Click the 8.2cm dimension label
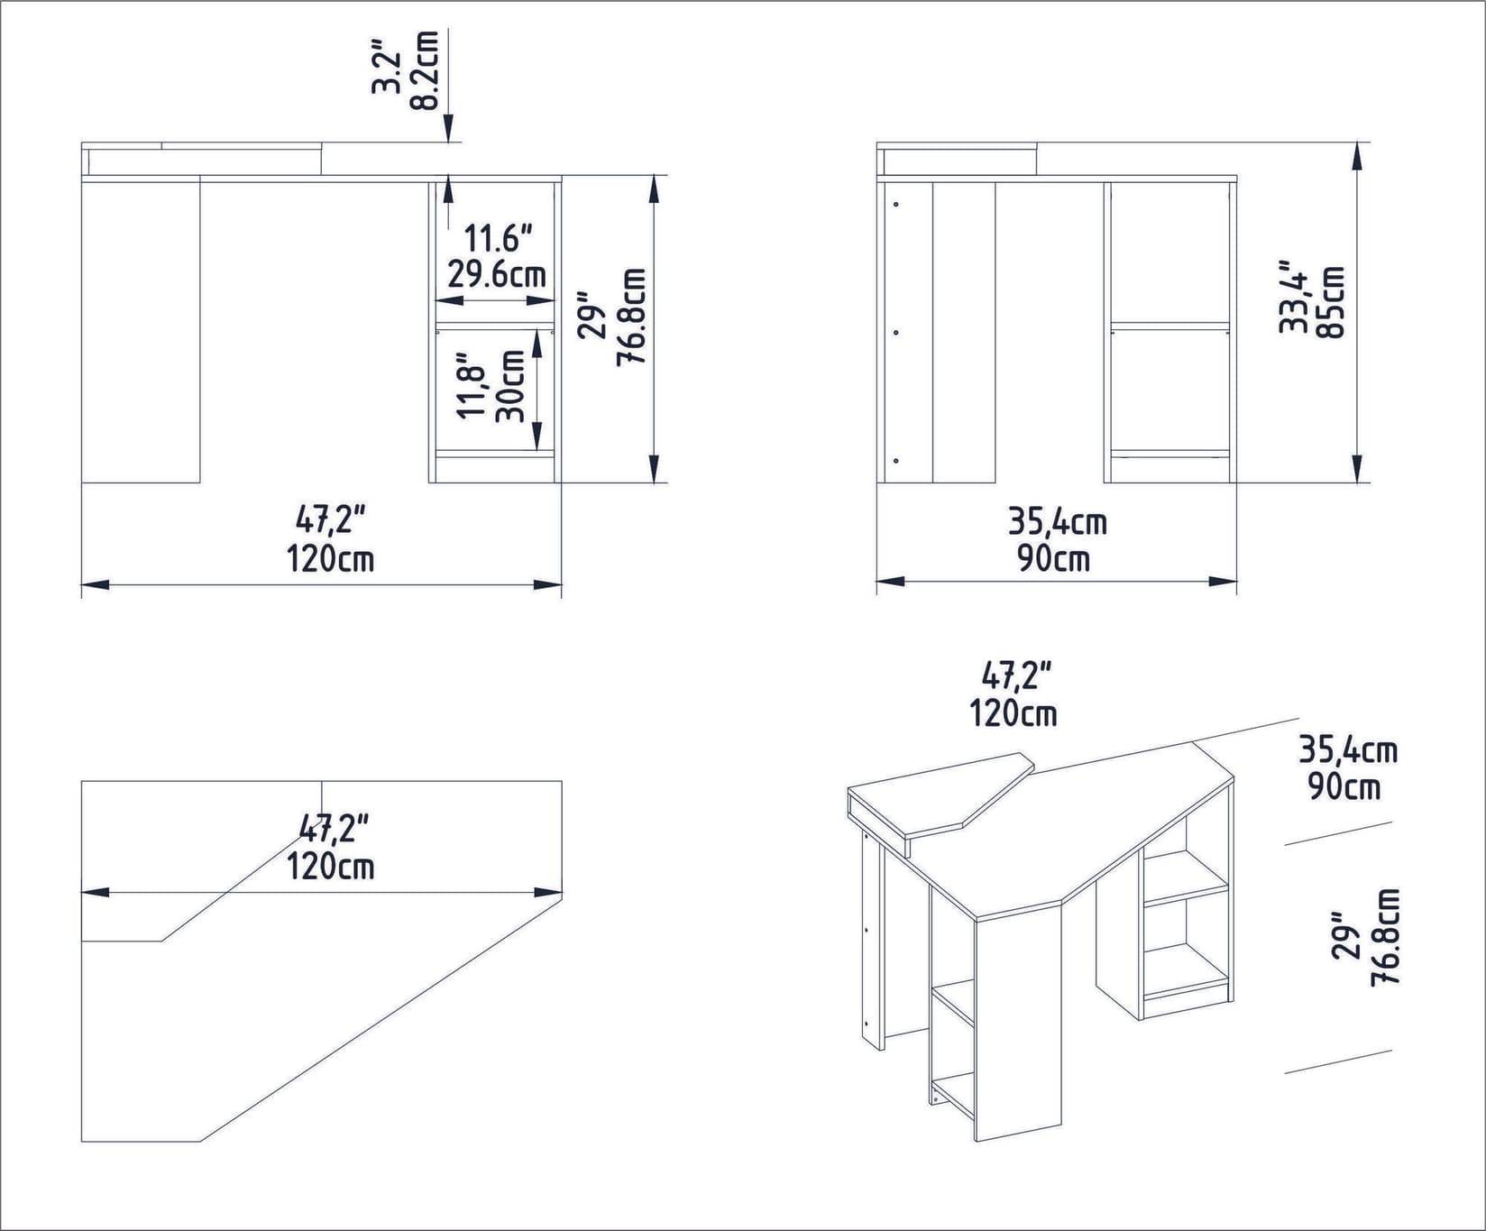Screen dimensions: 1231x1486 [x=425, y=70]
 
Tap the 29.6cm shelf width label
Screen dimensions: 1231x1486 [x=497, y=273]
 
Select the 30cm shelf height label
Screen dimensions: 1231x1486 [x=512, y=386]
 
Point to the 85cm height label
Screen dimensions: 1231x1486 [x=1330, y=302]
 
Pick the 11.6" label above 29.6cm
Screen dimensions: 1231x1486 [x=498, y=239]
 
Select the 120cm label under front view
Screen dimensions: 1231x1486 [x=330, y=559]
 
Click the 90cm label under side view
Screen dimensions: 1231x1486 [x=1053, y=559]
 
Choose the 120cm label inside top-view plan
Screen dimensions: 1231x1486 [x=330, y=867]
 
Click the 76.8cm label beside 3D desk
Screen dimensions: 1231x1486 [x=1384, y=937]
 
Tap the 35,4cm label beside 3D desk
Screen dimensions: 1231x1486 [x=1347, y=749]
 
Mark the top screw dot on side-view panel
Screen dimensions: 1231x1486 [x=895, y=205]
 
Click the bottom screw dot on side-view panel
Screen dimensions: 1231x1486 [x=895, y=461]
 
